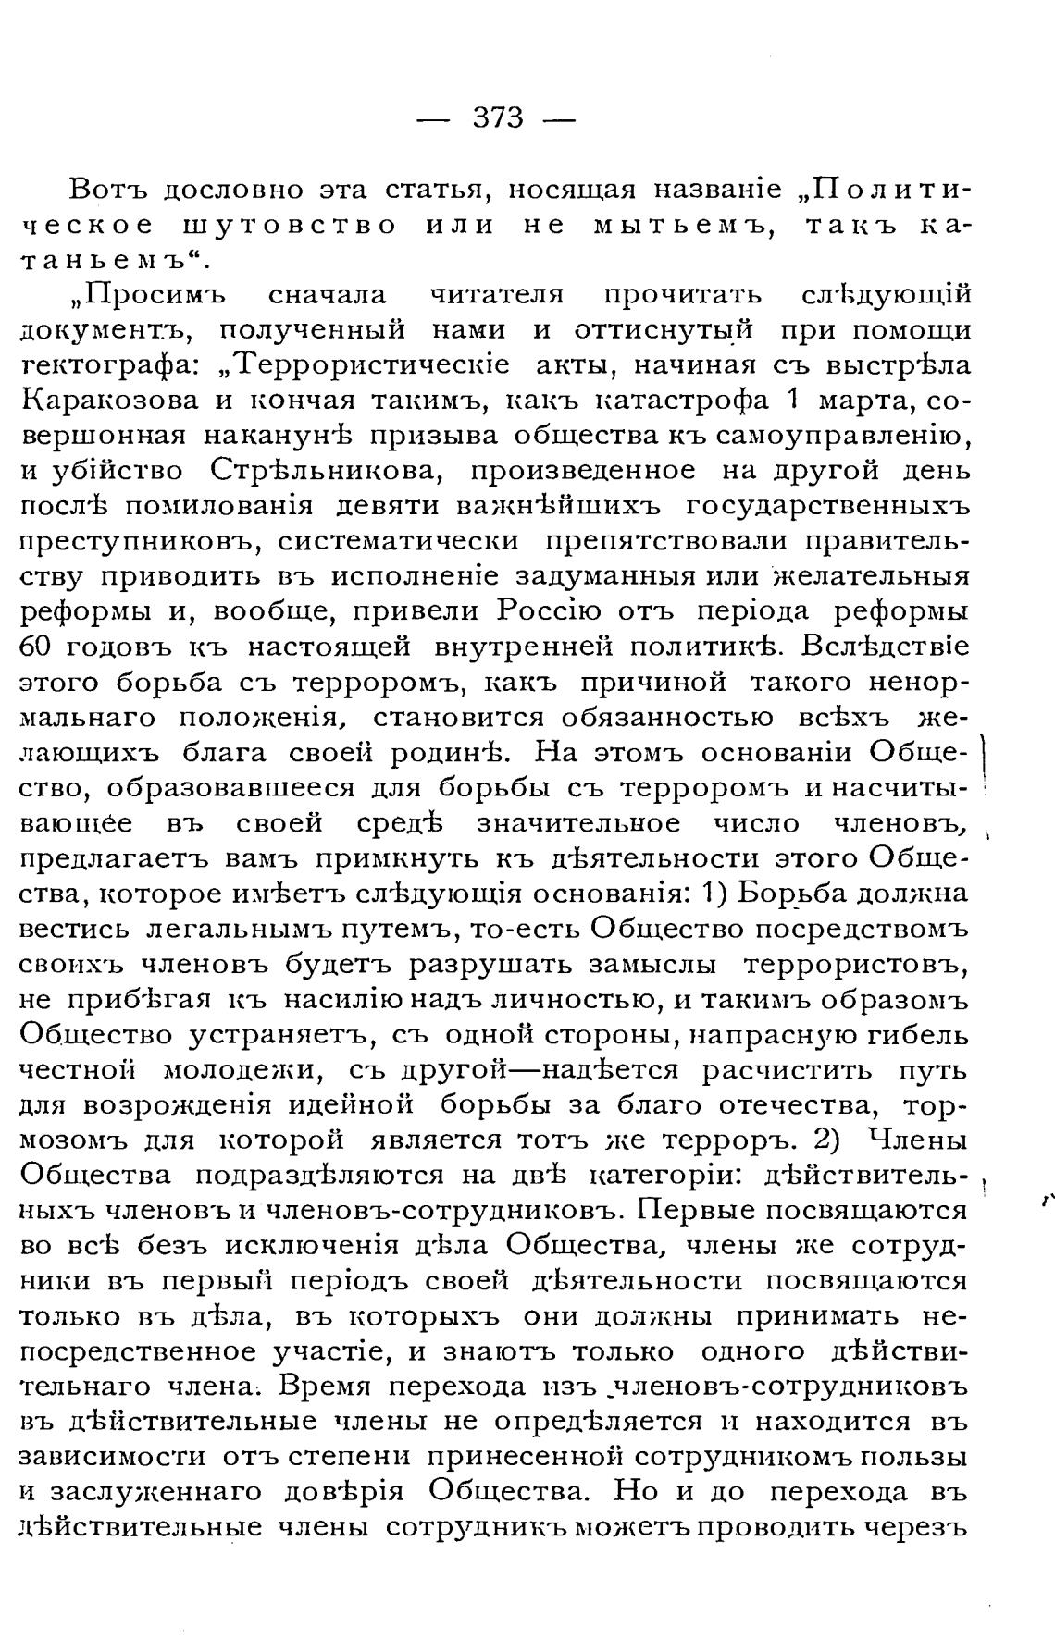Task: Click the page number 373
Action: pyautogui.click(x=498, y=118)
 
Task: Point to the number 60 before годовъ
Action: pyautogui.click(x=35, y=647)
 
